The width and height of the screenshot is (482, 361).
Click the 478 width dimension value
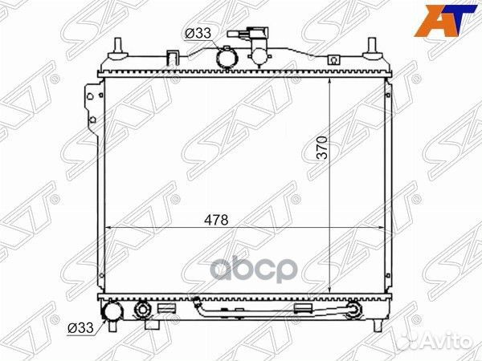(216, 220)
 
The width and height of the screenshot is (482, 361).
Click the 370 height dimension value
(322, 148)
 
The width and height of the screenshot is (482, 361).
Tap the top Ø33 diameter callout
(198, 33)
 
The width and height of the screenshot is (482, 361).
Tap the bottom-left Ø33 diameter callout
(80, 328)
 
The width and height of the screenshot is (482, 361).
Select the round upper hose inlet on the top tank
(227, 59)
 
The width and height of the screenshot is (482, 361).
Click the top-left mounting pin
(118, 49)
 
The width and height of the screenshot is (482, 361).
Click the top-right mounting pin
(372, 49)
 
